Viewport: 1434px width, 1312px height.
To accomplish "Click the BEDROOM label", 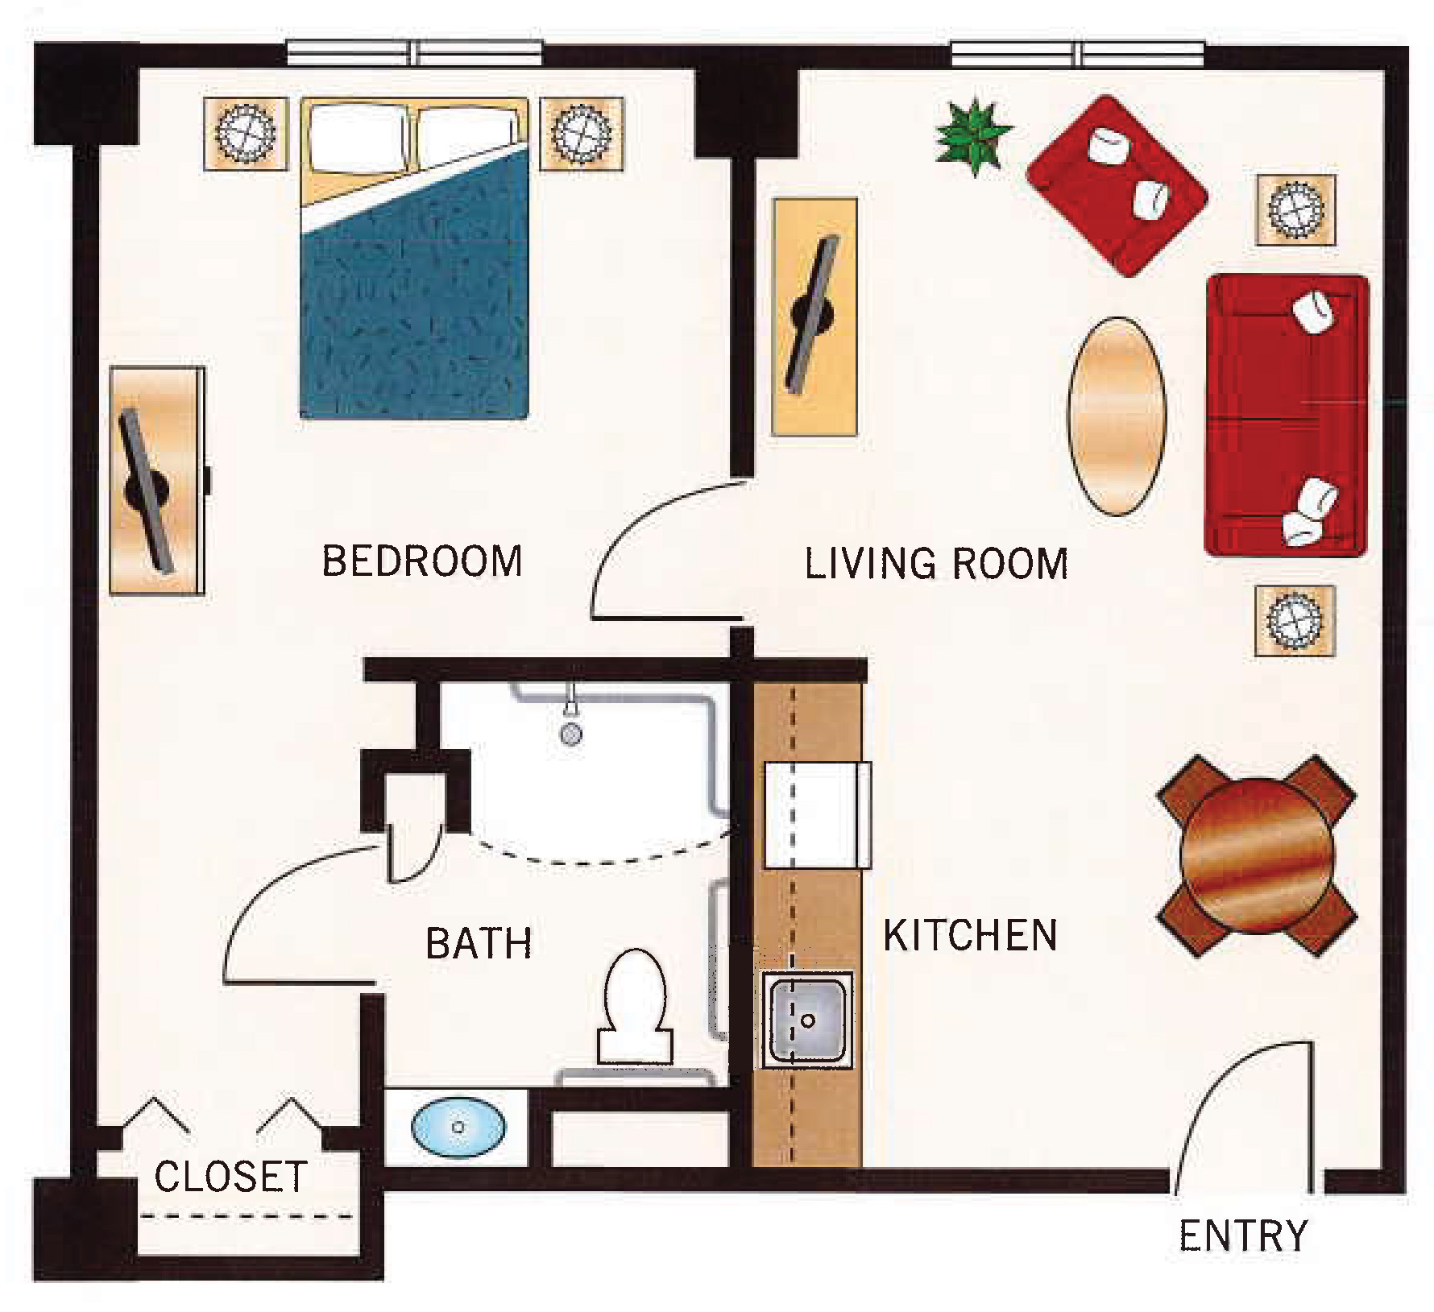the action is pos(422,561).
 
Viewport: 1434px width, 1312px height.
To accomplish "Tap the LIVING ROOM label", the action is pos(936,563).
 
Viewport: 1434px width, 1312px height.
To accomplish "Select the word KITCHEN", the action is pos(970,935).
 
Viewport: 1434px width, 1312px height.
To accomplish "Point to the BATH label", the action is pos(479,943).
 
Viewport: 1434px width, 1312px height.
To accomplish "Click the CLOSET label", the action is pos(230,1177).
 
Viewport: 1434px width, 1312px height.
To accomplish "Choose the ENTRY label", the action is pos(1243,1235).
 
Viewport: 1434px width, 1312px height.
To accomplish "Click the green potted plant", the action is pos(973,135).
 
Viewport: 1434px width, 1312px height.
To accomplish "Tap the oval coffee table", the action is pos(1117,416).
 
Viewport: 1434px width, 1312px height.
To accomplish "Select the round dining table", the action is pos(1257,855).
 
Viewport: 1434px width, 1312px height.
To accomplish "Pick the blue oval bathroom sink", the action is pos(459,1126).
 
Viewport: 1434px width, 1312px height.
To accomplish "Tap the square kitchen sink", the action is pos(807,1020).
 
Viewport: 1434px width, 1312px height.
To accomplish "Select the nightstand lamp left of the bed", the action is pos(246,134).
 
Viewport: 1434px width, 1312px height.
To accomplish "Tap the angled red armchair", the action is pos(1117,185).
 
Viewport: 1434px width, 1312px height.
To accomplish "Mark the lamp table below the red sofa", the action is pos(1295,620).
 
